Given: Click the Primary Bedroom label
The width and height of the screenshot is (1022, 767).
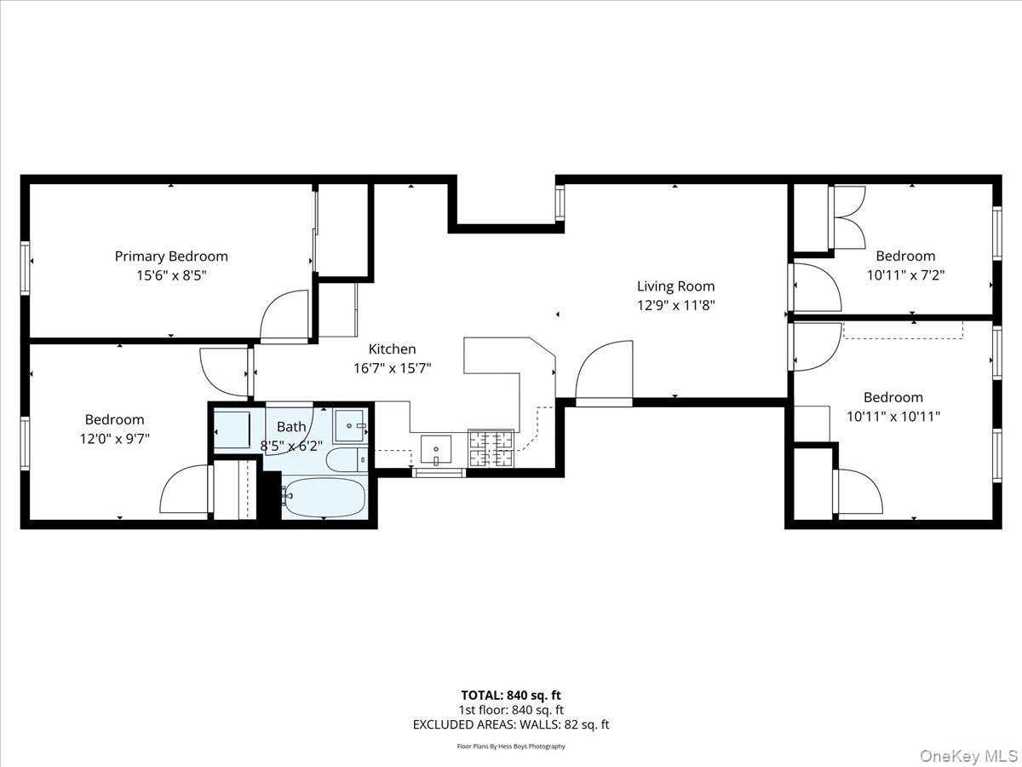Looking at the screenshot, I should coord(171,256).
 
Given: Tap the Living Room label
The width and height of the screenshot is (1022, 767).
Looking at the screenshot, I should coord(676,286).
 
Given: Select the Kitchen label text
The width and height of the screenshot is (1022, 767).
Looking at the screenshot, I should coord(392,349).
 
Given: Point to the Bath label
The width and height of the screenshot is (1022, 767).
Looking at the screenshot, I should coord(291,426).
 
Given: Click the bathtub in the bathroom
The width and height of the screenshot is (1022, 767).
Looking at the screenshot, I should coord(324,497).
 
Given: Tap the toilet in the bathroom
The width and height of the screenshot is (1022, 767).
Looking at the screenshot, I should coord(345,459).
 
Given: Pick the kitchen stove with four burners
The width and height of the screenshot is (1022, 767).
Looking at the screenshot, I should coord(491,449).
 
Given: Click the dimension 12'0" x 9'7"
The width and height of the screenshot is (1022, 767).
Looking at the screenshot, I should coord(114,439).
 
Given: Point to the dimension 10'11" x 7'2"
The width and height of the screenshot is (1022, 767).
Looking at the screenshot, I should coord(905,275).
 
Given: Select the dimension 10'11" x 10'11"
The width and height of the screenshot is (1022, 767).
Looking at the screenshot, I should coord(893,417).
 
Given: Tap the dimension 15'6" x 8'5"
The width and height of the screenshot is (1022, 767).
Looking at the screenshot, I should coord(171,275).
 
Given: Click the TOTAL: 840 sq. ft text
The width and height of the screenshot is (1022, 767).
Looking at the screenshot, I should coord(511,695).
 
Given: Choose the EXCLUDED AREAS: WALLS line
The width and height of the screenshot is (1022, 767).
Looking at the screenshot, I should coord(511,725).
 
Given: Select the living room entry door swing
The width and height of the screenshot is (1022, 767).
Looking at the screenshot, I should coord(606,371).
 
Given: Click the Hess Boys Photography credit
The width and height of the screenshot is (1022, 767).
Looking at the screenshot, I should coord(511,747).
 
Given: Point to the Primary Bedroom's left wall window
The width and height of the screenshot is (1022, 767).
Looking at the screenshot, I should coord(25,256).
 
